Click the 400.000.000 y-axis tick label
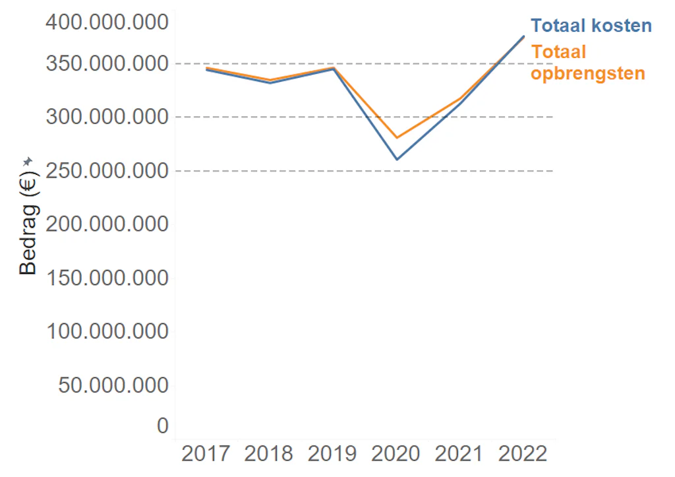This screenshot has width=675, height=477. tap(107, 23)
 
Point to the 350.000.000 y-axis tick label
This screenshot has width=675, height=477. tap(107, 64)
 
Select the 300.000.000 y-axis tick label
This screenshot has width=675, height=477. tap(107, 117)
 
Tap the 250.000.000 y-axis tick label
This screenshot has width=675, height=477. tap(107, 171)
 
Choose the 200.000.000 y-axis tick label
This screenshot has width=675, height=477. tap(107, 224)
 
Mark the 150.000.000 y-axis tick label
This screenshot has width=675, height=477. tap(107, 278)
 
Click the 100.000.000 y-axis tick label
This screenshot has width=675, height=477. tap(107, 331)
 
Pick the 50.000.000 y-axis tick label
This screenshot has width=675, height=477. tap(113, 385)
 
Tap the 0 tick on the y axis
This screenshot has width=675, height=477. tap(162, 426)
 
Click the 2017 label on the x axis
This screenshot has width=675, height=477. tap(206, 455)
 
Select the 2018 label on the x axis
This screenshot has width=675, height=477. tap(269, 455)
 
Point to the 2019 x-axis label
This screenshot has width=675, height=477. tap(333, 455)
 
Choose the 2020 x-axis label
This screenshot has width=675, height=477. tap(396, 455)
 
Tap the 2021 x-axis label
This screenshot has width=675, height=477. tap(459, 455)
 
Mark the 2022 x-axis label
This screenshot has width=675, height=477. tap(523, 455)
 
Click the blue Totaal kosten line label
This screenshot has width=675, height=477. tap(591, 26)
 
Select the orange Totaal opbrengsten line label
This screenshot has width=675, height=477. tap(587, 62)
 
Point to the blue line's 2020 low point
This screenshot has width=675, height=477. tap(397, 159)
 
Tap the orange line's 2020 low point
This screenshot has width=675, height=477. tap(397, 138)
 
